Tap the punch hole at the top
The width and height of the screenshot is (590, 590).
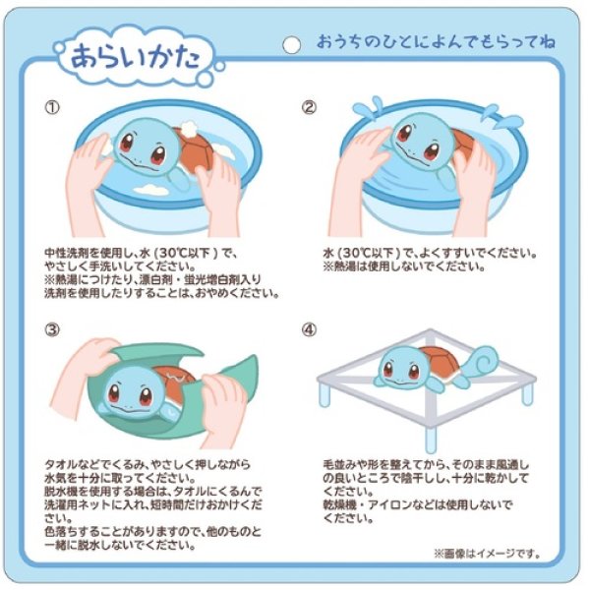[290, 43]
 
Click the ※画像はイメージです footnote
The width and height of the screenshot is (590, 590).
[483, 554]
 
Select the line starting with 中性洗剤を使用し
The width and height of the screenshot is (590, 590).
[142, 253]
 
